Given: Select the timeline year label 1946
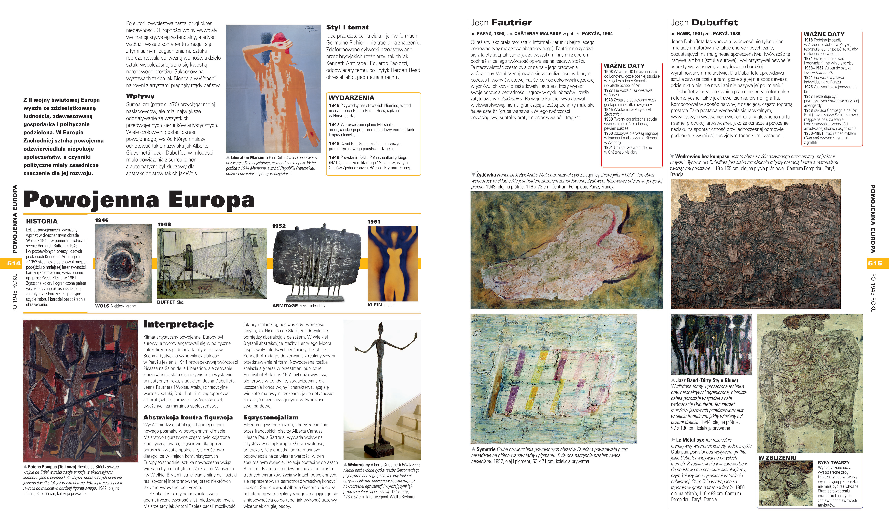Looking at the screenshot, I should [102, 220].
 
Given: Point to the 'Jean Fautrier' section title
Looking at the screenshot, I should [501, 23].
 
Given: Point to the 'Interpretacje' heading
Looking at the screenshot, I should [178, 324].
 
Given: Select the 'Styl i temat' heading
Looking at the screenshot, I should [347, 27].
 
